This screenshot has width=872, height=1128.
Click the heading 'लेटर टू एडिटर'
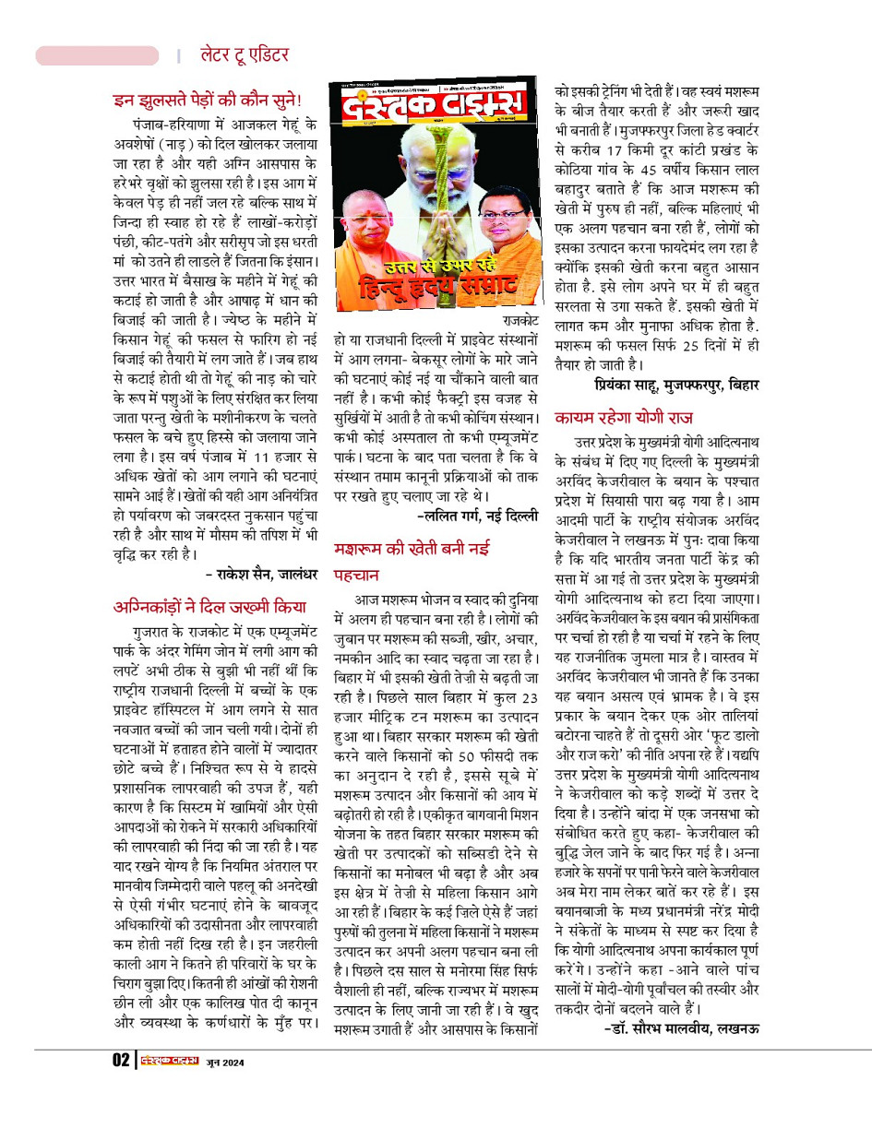[245, 55]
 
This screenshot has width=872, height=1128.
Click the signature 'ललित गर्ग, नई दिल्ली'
[479, 516]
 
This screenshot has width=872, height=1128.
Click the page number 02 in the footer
[120, 1061]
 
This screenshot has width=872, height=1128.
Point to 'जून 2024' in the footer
[224, 1062]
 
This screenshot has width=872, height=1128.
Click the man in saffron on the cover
[369, 231]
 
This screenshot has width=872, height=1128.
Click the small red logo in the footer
[169, 1061]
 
